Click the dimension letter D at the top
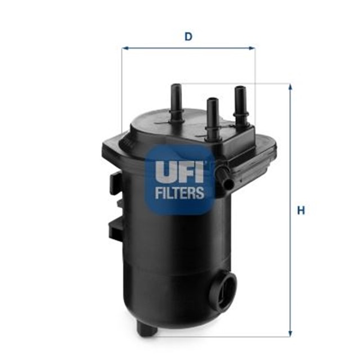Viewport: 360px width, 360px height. coord(188,37)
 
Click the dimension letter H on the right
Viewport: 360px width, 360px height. coord(301,211)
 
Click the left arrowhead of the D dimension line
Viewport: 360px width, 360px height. coord(125,48)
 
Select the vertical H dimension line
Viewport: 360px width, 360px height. coord(290,253)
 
